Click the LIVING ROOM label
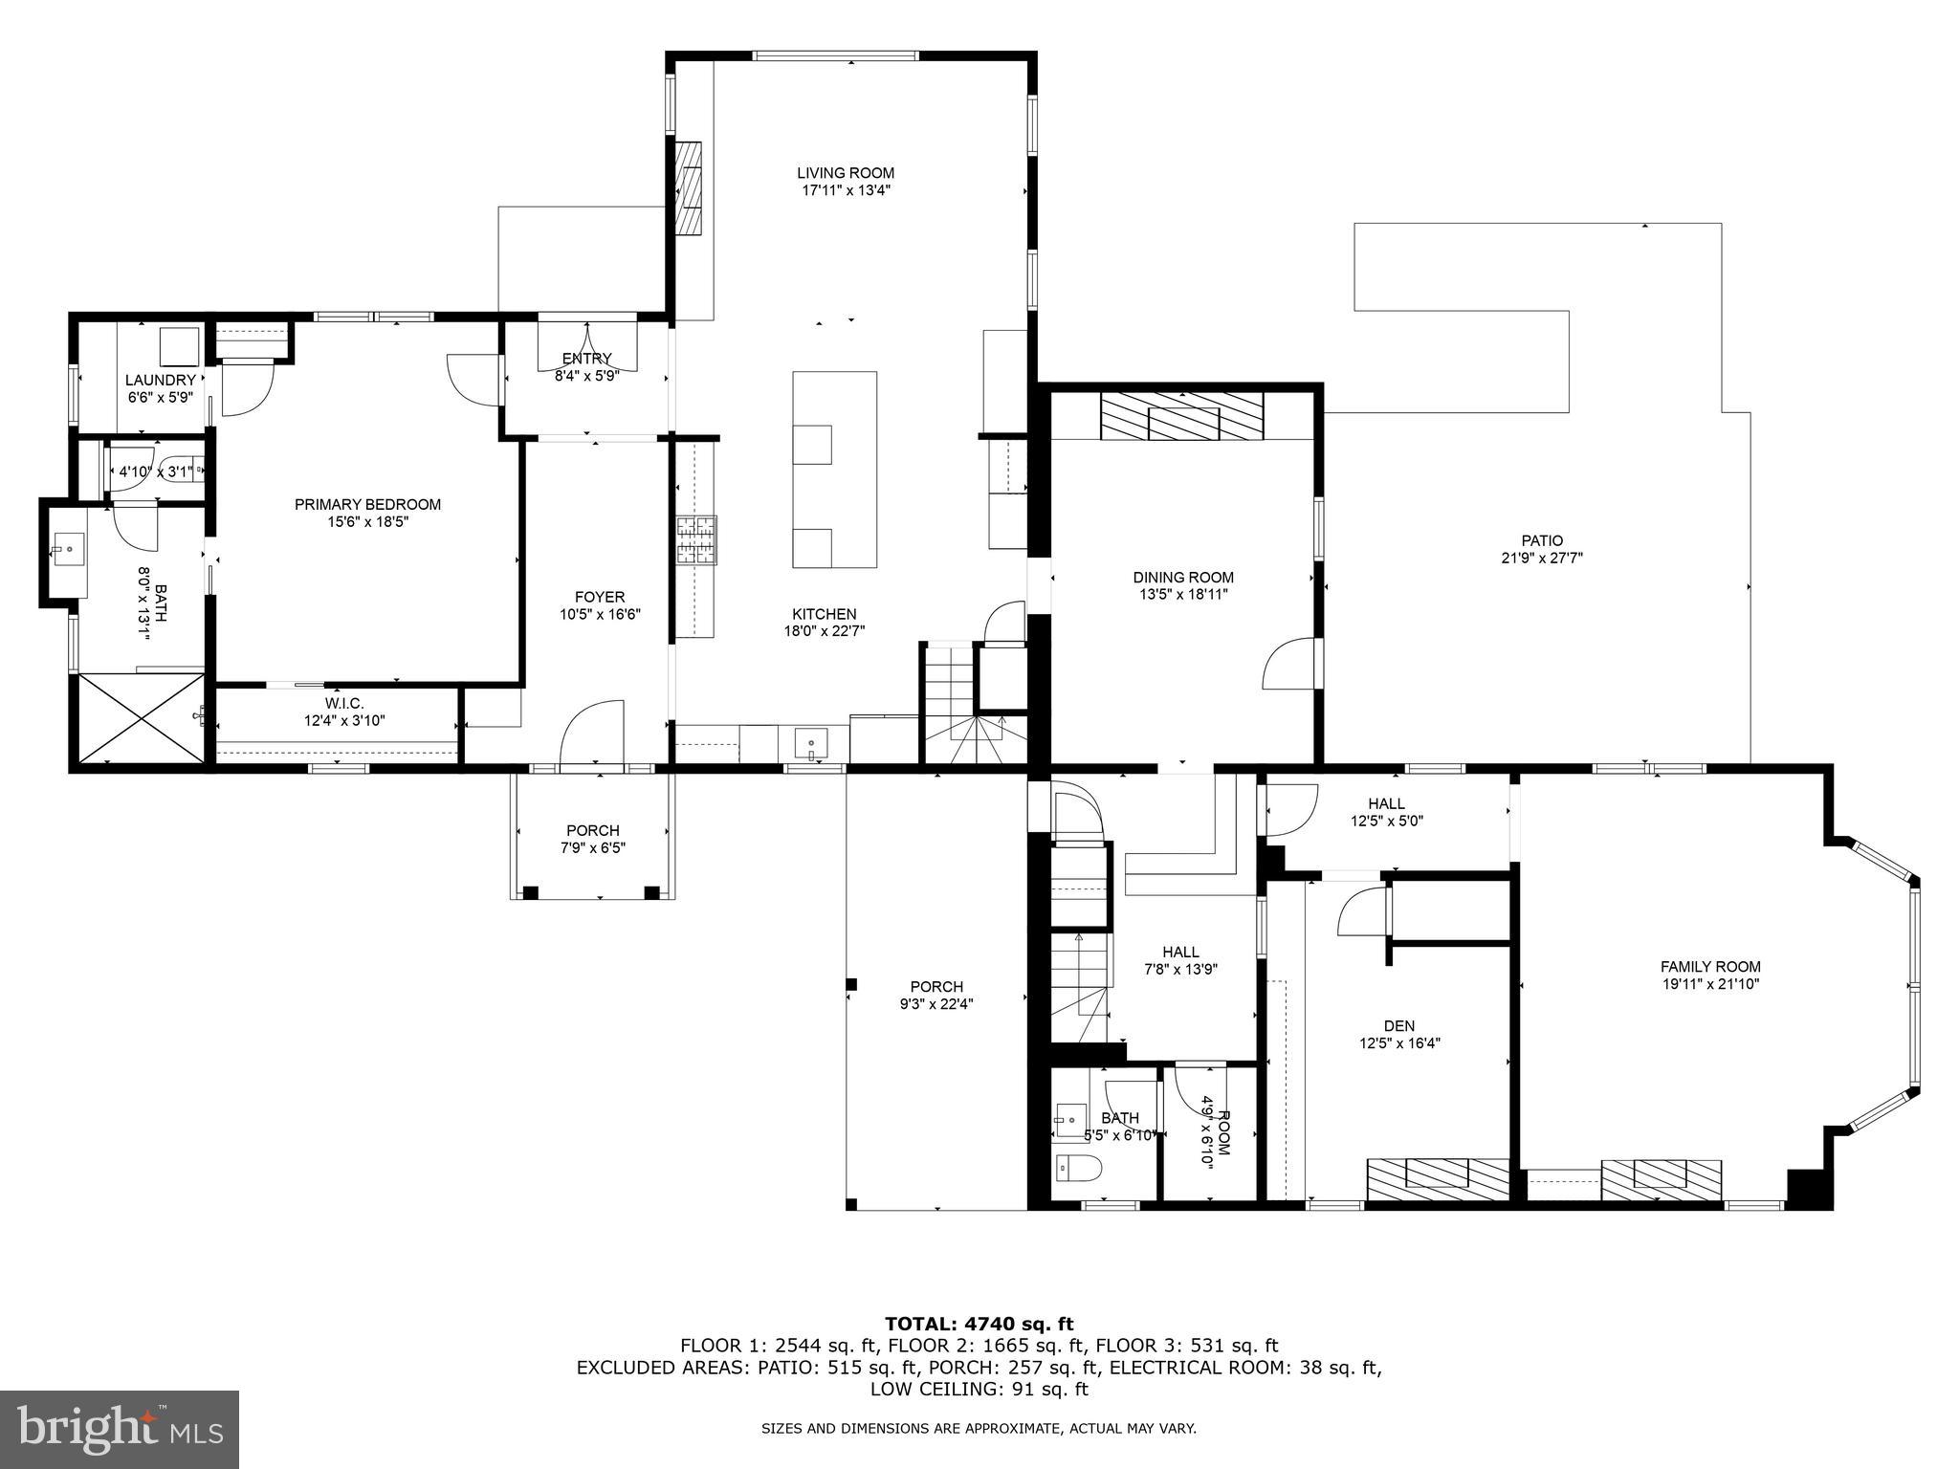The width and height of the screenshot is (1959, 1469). [846, 173]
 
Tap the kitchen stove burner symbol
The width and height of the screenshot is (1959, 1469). [696, 540]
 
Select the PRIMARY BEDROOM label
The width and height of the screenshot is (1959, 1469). [367, 505]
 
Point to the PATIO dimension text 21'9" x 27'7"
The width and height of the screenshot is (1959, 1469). [1542, 558]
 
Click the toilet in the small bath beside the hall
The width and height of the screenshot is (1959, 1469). [1079, 1168]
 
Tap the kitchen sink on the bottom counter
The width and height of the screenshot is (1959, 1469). [811, 741]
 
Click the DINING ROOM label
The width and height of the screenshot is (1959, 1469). [1183, 577]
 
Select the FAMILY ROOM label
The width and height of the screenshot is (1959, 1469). [1710, 966]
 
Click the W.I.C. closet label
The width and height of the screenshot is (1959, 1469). [344, 703]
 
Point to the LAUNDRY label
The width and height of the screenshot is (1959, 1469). [161, 380]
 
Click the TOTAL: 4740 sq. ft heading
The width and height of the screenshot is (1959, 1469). [979, 1324]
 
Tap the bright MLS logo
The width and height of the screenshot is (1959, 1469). [120, 1430]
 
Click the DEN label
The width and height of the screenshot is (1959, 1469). [1398, 1026]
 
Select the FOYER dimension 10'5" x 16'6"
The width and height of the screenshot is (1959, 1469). [600, 614]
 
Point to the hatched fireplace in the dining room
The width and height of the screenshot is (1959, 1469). [1182, 416]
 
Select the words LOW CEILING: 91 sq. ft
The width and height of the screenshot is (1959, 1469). [979, 1389]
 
